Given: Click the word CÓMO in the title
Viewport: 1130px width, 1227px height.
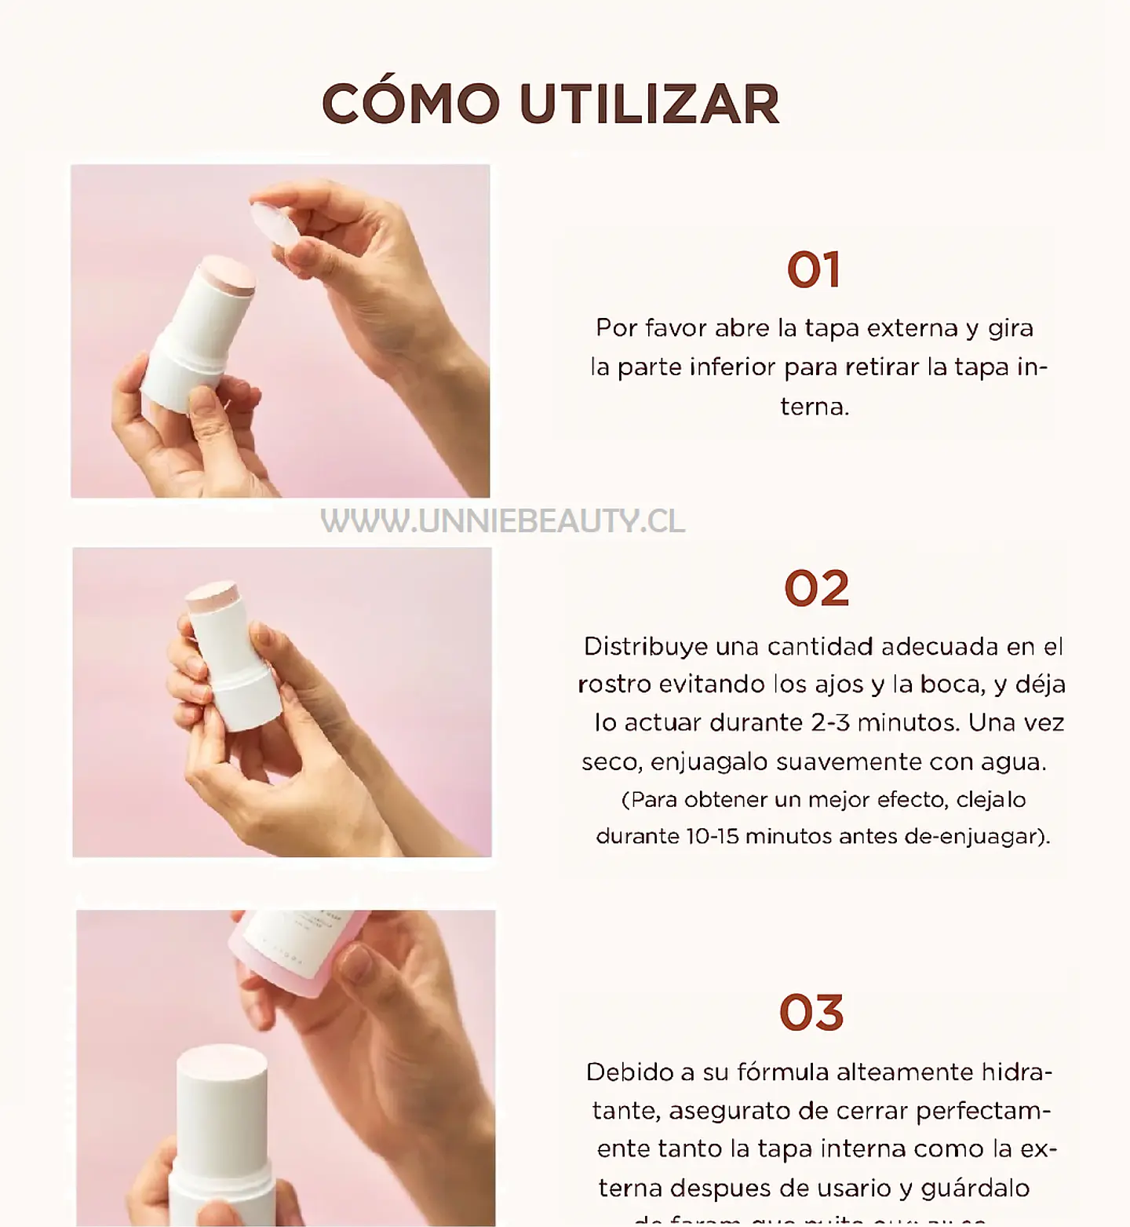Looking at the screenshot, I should [410, 104].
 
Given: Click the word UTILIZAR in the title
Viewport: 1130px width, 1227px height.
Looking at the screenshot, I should [649, 104].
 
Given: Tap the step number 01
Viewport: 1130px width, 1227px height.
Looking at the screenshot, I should [814, 270].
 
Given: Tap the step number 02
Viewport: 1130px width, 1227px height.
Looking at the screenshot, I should [816, 589].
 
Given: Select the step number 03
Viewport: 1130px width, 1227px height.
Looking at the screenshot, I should [811, 1013].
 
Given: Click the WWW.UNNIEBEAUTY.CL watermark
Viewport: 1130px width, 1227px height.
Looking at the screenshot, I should [503, 521].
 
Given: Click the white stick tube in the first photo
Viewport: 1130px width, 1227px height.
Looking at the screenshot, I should [196, 338].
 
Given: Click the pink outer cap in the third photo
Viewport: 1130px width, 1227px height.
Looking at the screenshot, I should [298, 950].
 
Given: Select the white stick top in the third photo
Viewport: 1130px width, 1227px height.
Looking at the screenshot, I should [221, 1068].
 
